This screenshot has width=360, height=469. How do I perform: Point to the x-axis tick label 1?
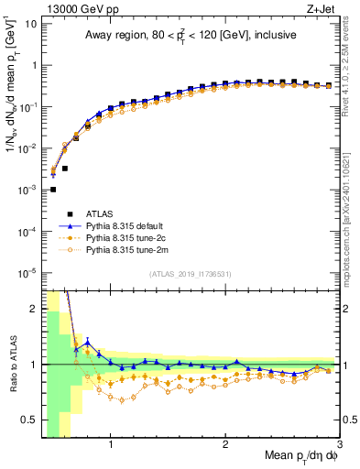point(111,446)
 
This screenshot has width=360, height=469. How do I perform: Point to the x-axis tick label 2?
point(225,446)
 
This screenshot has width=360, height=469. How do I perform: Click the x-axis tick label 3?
point(340,446)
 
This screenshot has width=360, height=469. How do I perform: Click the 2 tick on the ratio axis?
point(32,309)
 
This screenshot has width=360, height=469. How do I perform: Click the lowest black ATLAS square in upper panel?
point(53,190)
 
